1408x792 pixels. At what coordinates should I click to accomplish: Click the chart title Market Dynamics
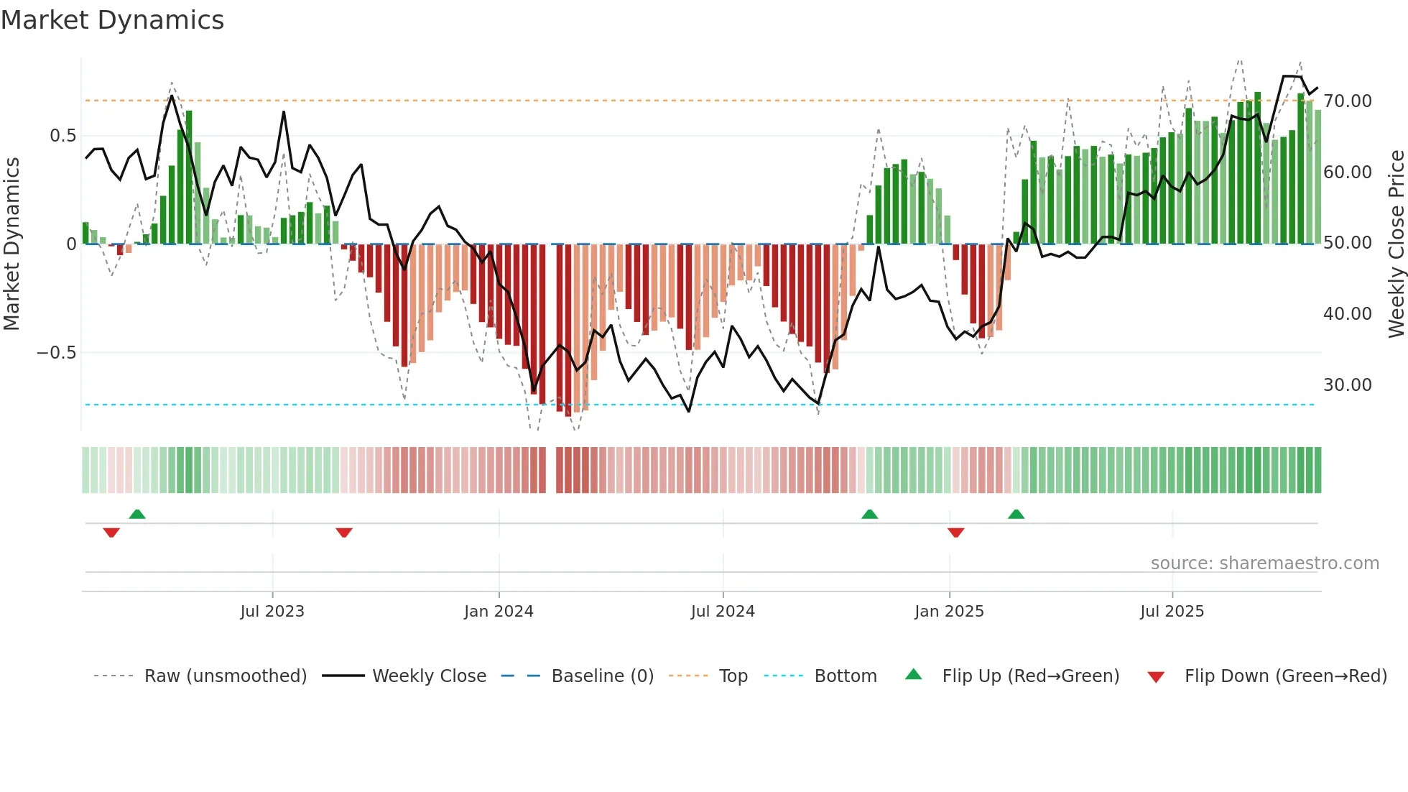pos(112,20)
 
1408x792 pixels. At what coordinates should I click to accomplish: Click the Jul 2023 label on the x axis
pos(272,612)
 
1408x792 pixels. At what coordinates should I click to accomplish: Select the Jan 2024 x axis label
pos(499,612)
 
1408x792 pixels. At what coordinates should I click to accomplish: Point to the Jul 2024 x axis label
pos(723,612)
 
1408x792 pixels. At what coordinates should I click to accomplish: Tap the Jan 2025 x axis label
pos(949,612)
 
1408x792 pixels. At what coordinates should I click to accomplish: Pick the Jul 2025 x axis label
pos(1172,612)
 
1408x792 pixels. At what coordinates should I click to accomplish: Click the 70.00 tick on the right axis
pos(1348,101)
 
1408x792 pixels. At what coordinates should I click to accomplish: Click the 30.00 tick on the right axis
pos(1348,385)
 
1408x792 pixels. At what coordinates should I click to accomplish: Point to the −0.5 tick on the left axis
pos(56,353)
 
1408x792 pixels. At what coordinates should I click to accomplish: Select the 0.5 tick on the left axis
pos(62,136)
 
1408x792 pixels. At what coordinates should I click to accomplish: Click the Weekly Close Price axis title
pos(1396,244)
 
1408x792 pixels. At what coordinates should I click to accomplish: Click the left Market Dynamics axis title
pos(11,244)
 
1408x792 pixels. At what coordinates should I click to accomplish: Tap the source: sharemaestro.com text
pos(1264,563)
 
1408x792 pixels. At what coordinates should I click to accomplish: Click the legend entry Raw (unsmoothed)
pos(225,676)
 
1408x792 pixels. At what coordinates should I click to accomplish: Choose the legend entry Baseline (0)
pos(602,676)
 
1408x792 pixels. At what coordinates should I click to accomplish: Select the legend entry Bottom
pos(845,676)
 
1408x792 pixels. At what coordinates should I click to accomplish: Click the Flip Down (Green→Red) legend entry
pos(1285,676)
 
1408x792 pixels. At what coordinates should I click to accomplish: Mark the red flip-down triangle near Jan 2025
pos(955,533)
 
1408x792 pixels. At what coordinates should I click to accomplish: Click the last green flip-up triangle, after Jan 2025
pos(1016,514)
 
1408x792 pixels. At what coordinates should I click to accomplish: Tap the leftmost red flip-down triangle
pos(111,533)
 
